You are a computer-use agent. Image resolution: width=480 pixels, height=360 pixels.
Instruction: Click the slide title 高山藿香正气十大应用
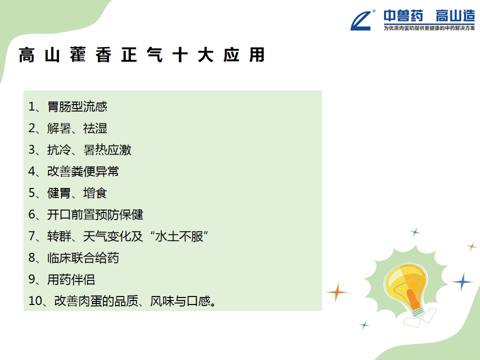[141, 55]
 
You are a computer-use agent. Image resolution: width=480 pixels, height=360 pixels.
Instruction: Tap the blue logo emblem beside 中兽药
[362, 20]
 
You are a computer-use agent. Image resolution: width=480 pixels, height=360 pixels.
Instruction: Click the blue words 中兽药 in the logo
[403, 16]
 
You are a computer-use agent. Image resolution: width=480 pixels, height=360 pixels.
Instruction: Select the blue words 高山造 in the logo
[455, 16]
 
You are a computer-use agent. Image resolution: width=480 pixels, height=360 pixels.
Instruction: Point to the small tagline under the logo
[429, 28]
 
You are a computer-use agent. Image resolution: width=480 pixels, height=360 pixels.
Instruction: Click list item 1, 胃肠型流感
[67, 106]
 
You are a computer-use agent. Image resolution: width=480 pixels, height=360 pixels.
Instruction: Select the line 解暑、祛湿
[67, 128]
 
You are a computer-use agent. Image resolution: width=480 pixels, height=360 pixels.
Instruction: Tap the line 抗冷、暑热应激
[79, 150]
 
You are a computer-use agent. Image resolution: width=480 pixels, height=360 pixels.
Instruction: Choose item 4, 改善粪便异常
[73, 171]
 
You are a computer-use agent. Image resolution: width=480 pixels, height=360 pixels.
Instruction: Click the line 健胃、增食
[67, 193]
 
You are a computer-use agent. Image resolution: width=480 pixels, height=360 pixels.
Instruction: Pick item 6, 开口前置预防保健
[85, 214]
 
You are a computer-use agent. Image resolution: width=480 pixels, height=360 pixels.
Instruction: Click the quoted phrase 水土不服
[179, 236]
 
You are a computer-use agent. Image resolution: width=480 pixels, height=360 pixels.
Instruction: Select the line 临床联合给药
[73, 258]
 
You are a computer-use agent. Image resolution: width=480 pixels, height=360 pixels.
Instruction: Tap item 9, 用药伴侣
[61, 279]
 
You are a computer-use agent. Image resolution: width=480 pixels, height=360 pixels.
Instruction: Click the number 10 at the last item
[35, 301]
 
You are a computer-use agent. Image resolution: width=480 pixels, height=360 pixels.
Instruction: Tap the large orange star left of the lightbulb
[336, 292]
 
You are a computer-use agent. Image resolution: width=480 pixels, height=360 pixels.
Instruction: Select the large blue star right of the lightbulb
[463, 281]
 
